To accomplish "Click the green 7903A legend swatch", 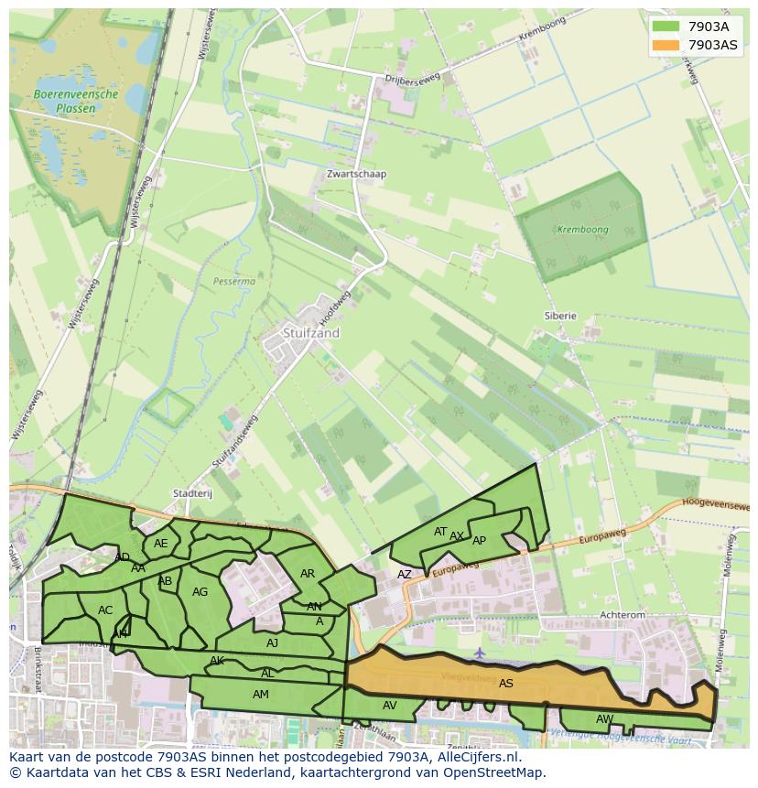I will (x=666, y=27).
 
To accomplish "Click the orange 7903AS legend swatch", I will (x=666, y=45).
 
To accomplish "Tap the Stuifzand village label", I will (x=310, y=333).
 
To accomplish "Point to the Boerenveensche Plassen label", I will (x=76, y=101).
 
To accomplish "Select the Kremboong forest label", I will (x=582, y=230).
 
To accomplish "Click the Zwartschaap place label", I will (x=356, y=174).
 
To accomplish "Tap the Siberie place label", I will (x=560, y=316).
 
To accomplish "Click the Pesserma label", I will (x=233, y=282).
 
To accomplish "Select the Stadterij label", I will (x=192, y=493).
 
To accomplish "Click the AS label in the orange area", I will (x=505, y=683).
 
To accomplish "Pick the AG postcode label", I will (x=200, y=592).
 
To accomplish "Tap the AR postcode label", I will (x=308, y=574).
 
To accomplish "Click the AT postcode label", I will (x=440, y=532).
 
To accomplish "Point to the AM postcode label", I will (x=261, y=695).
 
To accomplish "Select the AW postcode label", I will (x=604, y=718).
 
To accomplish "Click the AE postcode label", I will (x=161, y=543).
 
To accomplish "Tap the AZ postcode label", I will (x=404, y=575).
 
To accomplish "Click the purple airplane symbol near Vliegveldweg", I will (x=480, y=653).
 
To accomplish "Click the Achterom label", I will (x=622, y=616).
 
